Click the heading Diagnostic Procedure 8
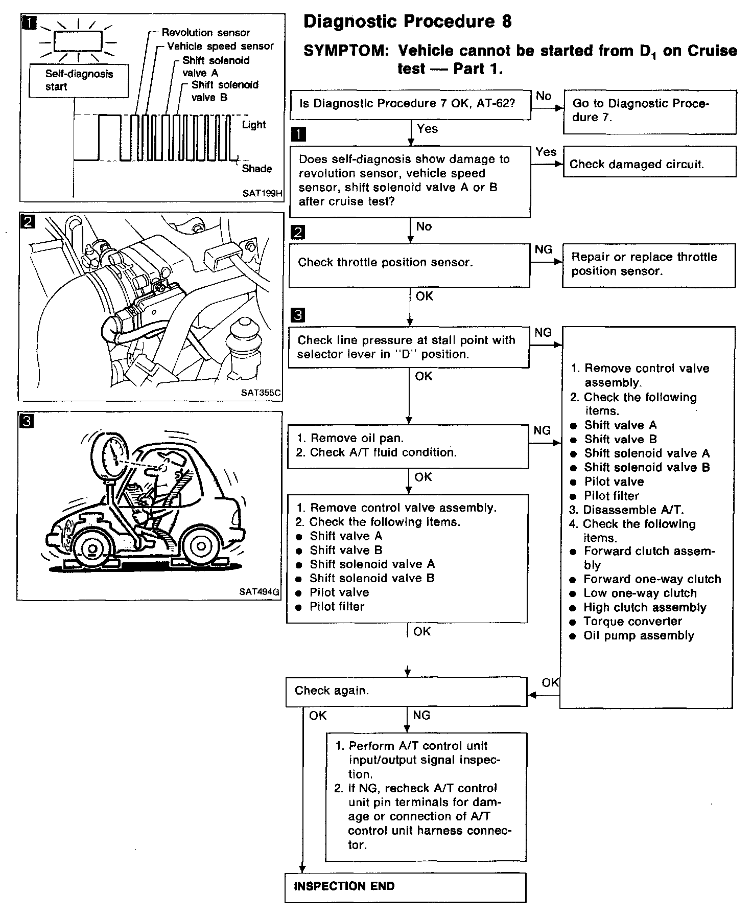tap(407, 21)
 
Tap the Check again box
tap(406, 691)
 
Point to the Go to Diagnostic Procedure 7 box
tap(649, 111)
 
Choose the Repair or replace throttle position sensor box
tap(649, 264)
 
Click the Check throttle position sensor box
tap(409, 263)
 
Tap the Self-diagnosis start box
tap(79, 80)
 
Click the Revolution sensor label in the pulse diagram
tap(205, 33)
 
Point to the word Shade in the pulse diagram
tap(256, 169)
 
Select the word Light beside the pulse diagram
tap(254, 125)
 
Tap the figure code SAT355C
tap(261, 394)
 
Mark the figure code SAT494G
tap(259, 592)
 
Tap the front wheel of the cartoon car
tap(92, 548)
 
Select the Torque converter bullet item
tap(632, 622)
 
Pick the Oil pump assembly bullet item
tap(639, 636)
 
